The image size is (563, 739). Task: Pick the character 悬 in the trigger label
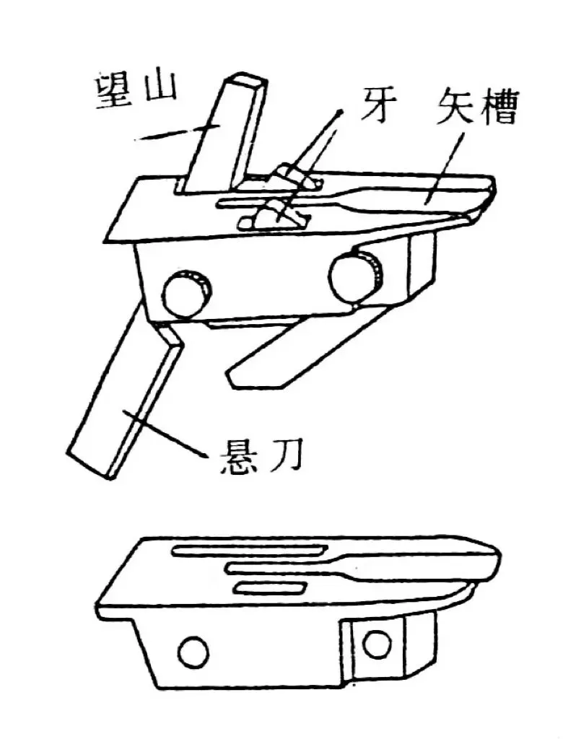[x=237, y=453]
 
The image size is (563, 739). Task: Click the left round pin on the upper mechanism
[x=186, y=292]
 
